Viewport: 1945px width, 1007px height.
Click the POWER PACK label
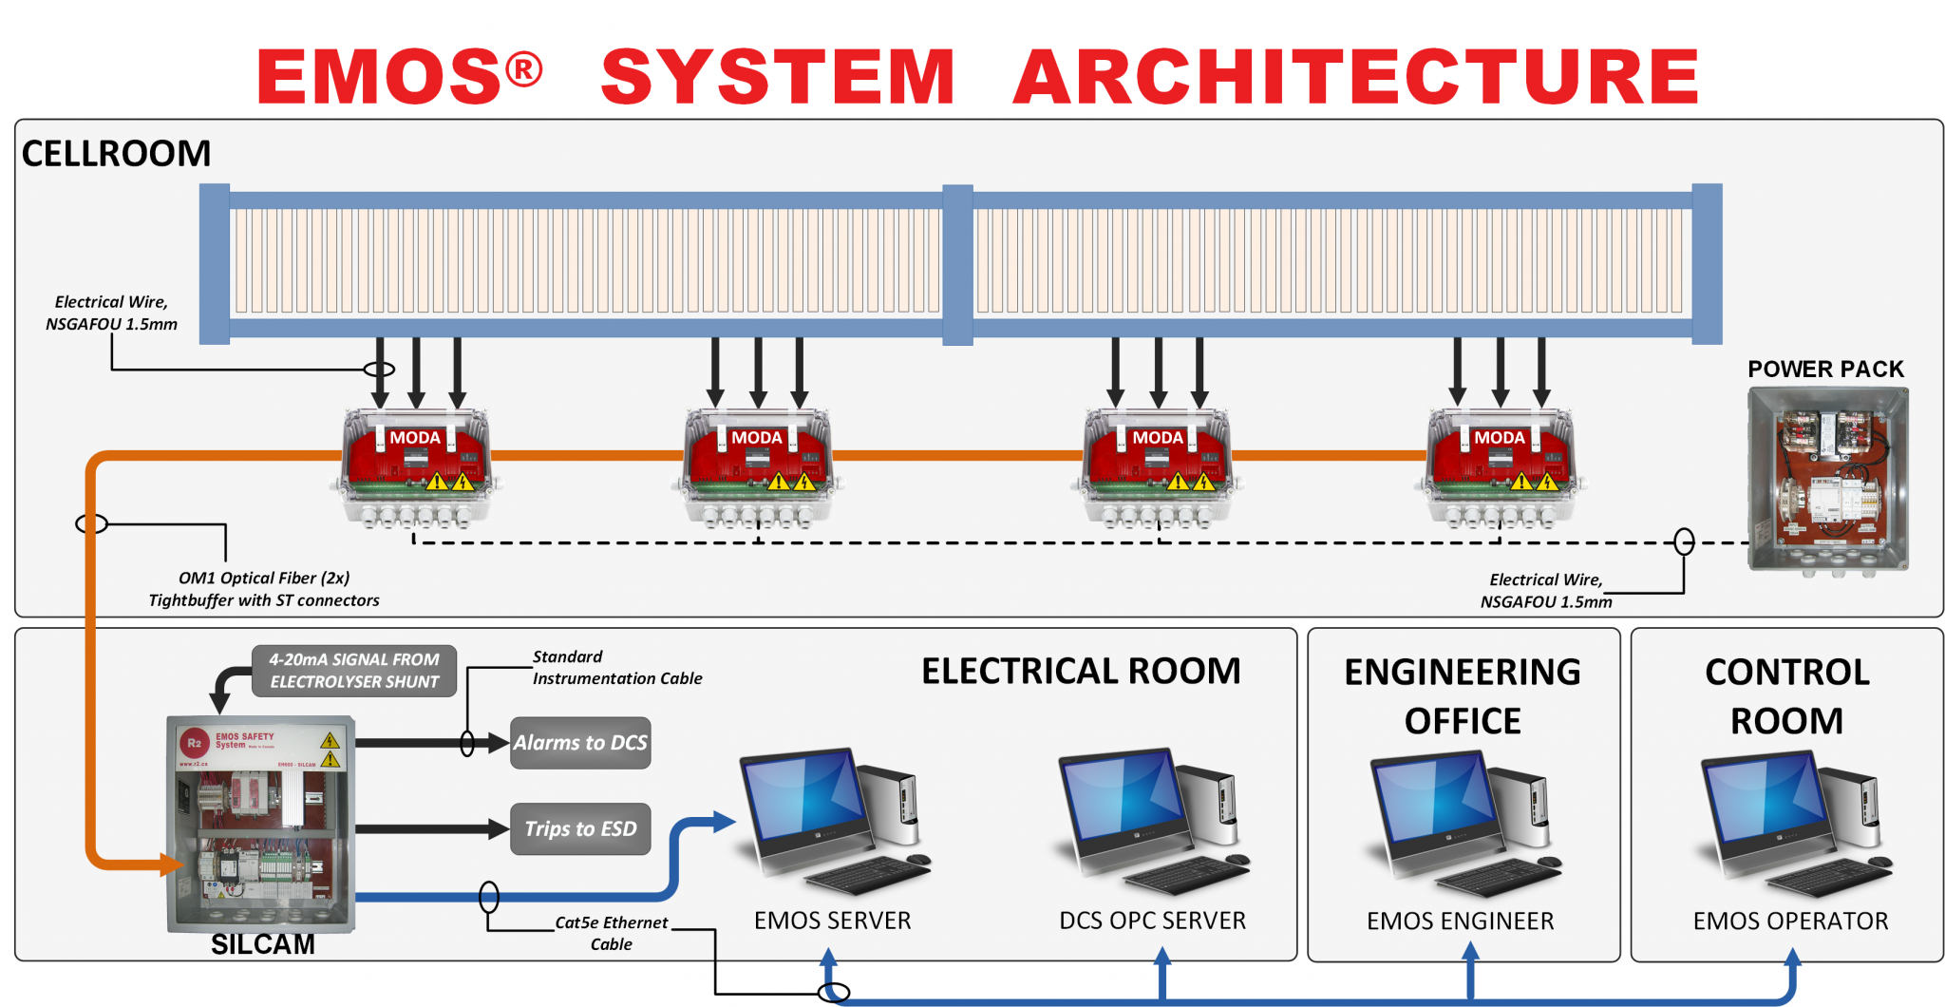point(1825,370)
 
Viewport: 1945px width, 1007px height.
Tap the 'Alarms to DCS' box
point(580,743)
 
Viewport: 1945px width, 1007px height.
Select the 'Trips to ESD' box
point(580,829)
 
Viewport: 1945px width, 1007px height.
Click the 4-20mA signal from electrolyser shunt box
point(354,671)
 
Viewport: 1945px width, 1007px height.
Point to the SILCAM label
point(263,944)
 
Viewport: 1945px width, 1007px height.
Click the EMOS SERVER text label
point(832,921)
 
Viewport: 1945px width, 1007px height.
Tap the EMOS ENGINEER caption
point(1460,921)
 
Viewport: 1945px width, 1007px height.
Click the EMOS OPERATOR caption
point(1790,921)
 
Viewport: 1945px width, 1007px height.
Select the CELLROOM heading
point(116,154)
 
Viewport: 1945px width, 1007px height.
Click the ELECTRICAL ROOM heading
point(1081,672)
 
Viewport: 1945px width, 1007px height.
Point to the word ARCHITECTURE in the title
point(1355,77)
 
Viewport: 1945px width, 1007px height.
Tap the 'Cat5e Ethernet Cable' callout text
point(611,933)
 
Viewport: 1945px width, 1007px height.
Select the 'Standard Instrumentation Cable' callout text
point(616,668)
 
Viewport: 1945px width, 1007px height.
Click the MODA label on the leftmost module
point(415,438)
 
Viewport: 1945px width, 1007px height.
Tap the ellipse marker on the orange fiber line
point(92,523)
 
